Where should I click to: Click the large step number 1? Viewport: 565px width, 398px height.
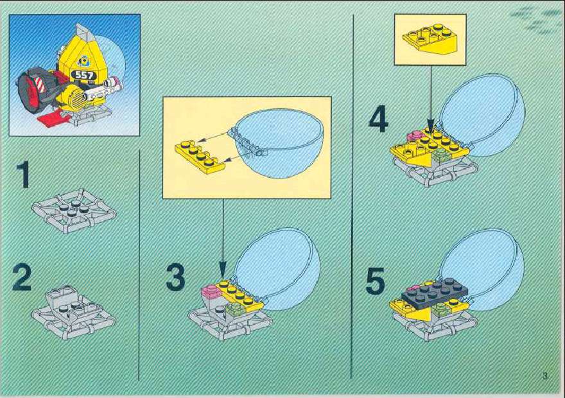click(23, 175)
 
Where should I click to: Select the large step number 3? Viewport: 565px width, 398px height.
click(176, 277)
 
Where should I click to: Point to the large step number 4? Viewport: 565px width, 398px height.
click(378, 119)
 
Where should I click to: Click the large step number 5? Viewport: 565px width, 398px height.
click(376, 281)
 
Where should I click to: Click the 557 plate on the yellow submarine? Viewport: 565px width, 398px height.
click(84, 75)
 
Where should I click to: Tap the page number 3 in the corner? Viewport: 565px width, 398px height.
click(545, 376)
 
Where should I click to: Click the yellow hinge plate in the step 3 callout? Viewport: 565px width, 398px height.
click(199, 157)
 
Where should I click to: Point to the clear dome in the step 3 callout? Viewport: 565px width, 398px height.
click(277, 143)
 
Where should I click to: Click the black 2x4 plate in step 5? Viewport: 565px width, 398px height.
click(435, 292)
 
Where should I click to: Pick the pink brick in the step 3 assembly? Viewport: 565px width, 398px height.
click(211, 291)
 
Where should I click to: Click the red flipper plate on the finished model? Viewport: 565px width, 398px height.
click(52, 118)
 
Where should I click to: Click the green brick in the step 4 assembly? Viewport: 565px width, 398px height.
click(440, 155)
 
